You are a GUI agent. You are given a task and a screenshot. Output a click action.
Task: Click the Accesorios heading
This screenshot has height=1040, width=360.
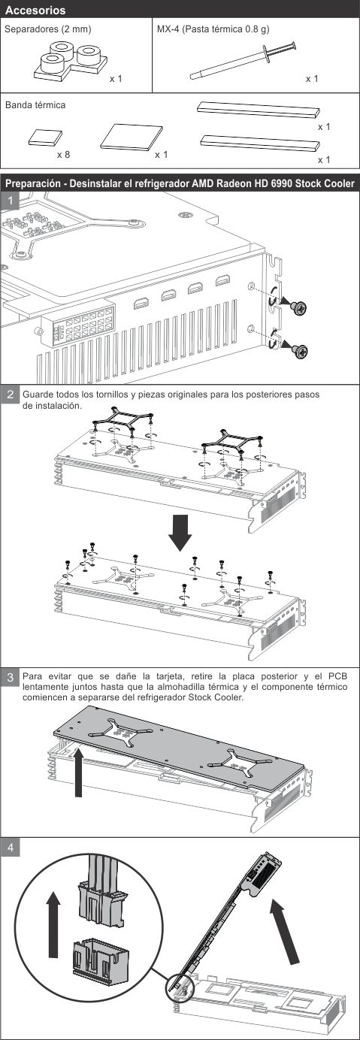point(35,11)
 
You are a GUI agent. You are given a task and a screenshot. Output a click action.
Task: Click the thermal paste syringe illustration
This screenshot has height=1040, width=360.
point(244,61)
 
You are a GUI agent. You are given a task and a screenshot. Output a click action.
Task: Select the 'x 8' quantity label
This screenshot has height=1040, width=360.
point(64,155)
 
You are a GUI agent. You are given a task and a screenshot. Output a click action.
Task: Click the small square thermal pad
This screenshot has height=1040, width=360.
point(45,138)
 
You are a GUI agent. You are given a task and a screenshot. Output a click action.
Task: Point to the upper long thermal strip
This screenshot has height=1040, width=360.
point(259,110)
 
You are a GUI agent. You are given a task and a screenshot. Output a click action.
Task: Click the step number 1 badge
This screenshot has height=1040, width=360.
point(11,201)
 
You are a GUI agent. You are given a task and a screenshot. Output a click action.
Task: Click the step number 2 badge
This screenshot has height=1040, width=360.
point(11,395)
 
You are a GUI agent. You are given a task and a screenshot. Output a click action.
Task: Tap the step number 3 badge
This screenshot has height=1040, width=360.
point(11,677)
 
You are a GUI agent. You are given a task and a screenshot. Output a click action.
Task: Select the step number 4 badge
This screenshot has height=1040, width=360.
point(11,848)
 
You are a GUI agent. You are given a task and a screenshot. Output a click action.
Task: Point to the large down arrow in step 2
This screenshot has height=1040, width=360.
point(180,533)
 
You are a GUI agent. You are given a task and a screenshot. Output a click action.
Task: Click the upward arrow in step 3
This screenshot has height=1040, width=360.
point(78,772)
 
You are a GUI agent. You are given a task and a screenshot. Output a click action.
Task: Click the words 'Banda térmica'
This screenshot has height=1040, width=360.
point(35,105)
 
